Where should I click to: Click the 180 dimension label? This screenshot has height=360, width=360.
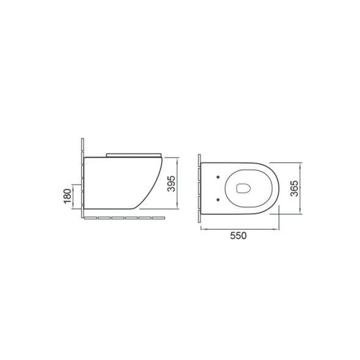coord(67,196)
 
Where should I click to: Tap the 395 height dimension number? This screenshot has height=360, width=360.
coord(171,183)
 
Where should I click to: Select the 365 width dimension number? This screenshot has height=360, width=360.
coord(294,188)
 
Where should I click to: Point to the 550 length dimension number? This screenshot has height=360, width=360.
coord(238,235)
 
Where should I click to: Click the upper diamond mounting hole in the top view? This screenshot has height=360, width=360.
coord(218,177)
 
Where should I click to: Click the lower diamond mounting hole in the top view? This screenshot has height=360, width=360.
coord(218,200)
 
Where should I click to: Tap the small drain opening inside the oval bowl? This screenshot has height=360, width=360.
coord(243,188)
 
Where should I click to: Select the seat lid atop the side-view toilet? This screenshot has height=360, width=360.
coord(134,155)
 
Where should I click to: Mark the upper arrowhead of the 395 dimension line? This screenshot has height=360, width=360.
coord(177,160)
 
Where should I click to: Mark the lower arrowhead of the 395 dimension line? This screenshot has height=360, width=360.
coord(177,207)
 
